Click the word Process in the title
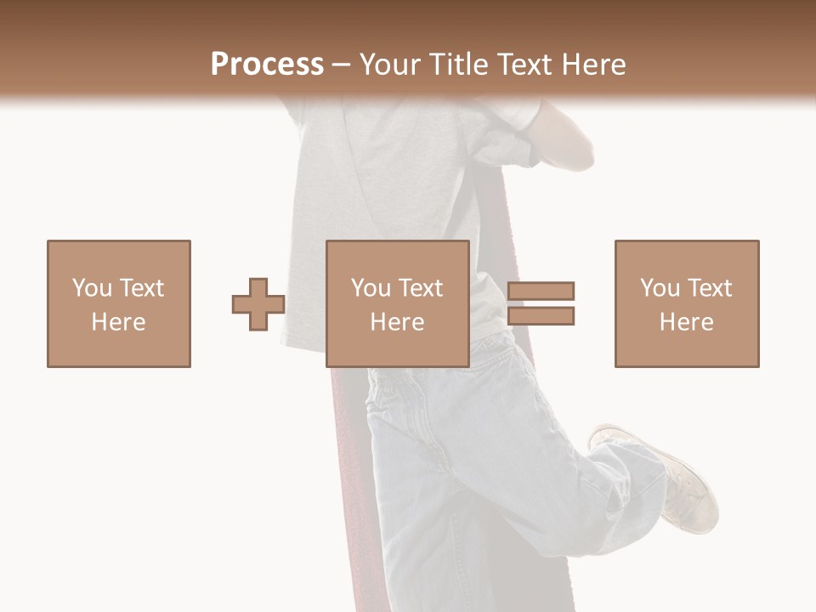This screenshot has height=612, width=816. pos(267,65)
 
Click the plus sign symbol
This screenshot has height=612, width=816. pos(258,304)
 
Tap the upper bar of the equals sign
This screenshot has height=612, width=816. pos(541,292)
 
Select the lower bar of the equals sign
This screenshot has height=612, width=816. pos(541,316)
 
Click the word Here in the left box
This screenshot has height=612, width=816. pos(118,322)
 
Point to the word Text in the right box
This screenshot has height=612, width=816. pos(710,288)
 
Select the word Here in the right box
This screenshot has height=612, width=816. pos(686,322)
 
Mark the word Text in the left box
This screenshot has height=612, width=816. pos(142,288)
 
